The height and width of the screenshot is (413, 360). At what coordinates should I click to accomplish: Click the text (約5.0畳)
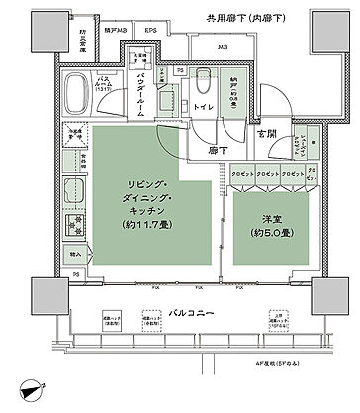(261, 233)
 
